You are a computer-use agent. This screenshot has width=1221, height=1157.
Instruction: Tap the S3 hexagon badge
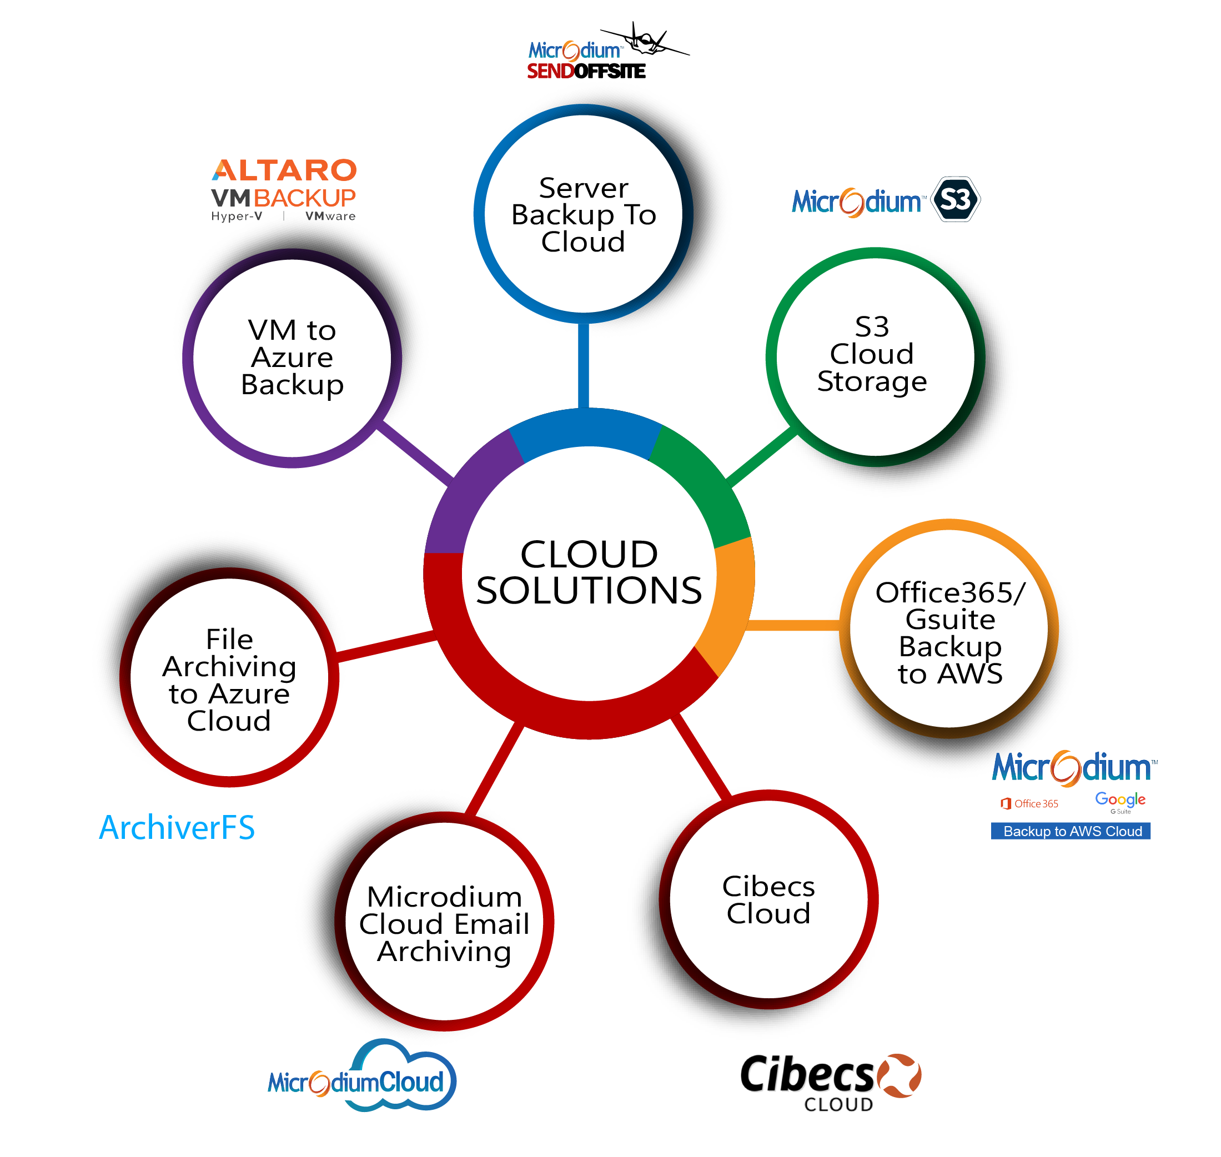pos(954,199)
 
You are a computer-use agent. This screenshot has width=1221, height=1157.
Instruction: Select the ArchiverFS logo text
pos(177,828)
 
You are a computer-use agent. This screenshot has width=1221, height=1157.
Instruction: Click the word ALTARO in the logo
pos(284,170)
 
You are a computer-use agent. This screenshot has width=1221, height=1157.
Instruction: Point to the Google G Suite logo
pos(1120,801)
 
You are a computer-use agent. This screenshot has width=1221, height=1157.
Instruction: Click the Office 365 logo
pos(1029,803)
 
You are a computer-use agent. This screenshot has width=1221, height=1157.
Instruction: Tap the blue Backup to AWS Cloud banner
pos(1071,831)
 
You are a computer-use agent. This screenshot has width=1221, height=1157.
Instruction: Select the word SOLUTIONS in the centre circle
pos(589,591)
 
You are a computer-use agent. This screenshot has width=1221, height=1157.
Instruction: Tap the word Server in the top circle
pos(584,188)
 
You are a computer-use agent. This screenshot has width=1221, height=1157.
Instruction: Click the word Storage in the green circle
pos(871,381)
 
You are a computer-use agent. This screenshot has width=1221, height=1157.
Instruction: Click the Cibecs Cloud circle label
pos(768,900)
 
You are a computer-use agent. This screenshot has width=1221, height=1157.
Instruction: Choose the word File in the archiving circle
pos(229,639)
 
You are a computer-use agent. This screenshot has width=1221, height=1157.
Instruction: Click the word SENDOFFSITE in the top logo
pos(586,72)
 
